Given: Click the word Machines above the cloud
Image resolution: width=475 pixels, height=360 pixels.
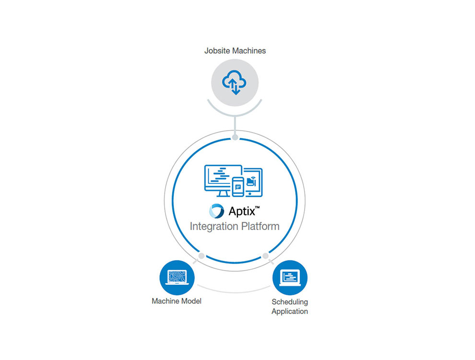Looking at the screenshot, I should click(248, 50).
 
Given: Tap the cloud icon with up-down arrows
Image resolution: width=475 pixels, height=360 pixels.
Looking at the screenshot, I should click(235, 83).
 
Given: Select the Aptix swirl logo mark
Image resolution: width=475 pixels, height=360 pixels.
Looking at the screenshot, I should click(217, 211).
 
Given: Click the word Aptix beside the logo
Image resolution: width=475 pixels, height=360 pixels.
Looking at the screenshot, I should click(242, 211).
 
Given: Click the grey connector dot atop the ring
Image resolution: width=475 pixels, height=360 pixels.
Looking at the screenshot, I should click(235, 137).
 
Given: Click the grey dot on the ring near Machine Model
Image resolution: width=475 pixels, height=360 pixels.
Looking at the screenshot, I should click(202, 255).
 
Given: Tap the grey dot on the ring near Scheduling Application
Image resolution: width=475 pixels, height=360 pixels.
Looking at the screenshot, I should click(265, 255).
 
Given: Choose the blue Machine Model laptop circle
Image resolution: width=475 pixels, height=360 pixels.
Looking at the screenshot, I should click(177, 277).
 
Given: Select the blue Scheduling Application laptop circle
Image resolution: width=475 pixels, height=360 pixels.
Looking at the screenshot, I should click(290, 277).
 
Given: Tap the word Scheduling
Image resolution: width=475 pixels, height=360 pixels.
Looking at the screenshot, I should click(290, 302).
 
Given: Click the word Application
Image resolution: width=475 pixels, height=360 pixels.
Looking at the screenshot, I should click(290, 311).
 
